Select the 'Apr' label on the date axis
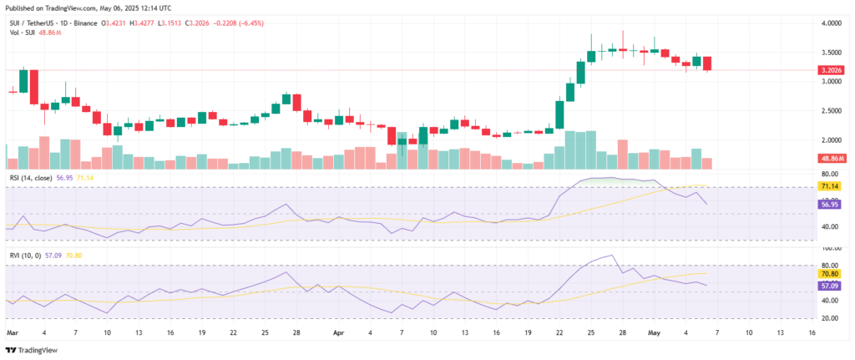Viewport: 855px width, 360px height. click(x=338, y=332)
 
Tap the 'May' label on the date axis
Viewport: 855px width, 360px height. click(x=654, y=332)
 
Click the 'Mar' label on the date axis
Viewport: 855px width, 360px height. click(x=13, y=332)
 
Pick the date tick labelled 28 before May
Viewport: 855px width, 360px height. click(x=623, y=332)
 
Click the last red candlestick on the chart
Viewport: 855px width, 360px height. click(x=707, y=63)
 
